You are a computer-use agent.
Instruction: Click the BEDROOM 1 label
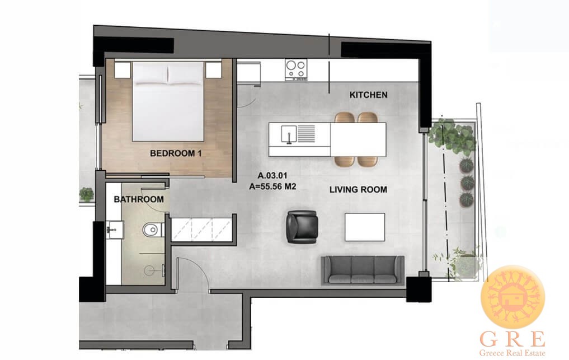tap(176, 153)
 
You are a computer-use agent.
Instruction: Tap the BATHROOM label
tap(139, 199)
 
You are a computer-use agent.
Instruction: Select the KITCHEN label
tap(368, 95)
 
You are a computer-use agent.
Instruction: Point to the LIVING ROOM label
tap(358, 189)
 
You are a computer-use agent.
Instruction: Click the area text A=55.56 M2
tap(273, 187)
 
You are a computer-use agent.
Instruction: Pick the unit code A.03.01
tap(272, 175)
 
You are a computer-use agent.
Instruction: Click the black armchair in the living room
tap(302, 226)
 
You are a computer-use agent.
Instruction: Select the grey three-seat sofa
tap(363, 270)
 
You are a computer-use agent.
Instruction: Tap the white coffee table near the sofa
tap(365, 227)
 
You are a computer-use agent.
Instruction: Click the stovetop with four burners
tap(296, 69)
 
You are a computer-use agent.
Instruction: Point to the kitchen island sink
tap(289, 134)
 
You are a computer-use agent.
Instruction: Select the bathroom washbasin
tap(115, 230)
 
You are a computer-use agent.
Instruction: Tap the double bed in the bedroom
tap(168, 101)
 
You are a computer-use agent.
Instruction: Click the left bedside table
tap(123, 69)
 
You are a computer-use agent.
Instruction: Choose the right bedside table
tap(213, 69)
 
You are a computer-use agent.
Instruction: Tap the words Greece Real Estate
tap(512, 353)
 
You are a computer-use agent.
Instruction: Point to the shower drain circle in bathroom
tap(149, 270)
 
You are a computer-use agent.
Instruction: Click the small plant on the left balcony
tap(86, 194)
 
